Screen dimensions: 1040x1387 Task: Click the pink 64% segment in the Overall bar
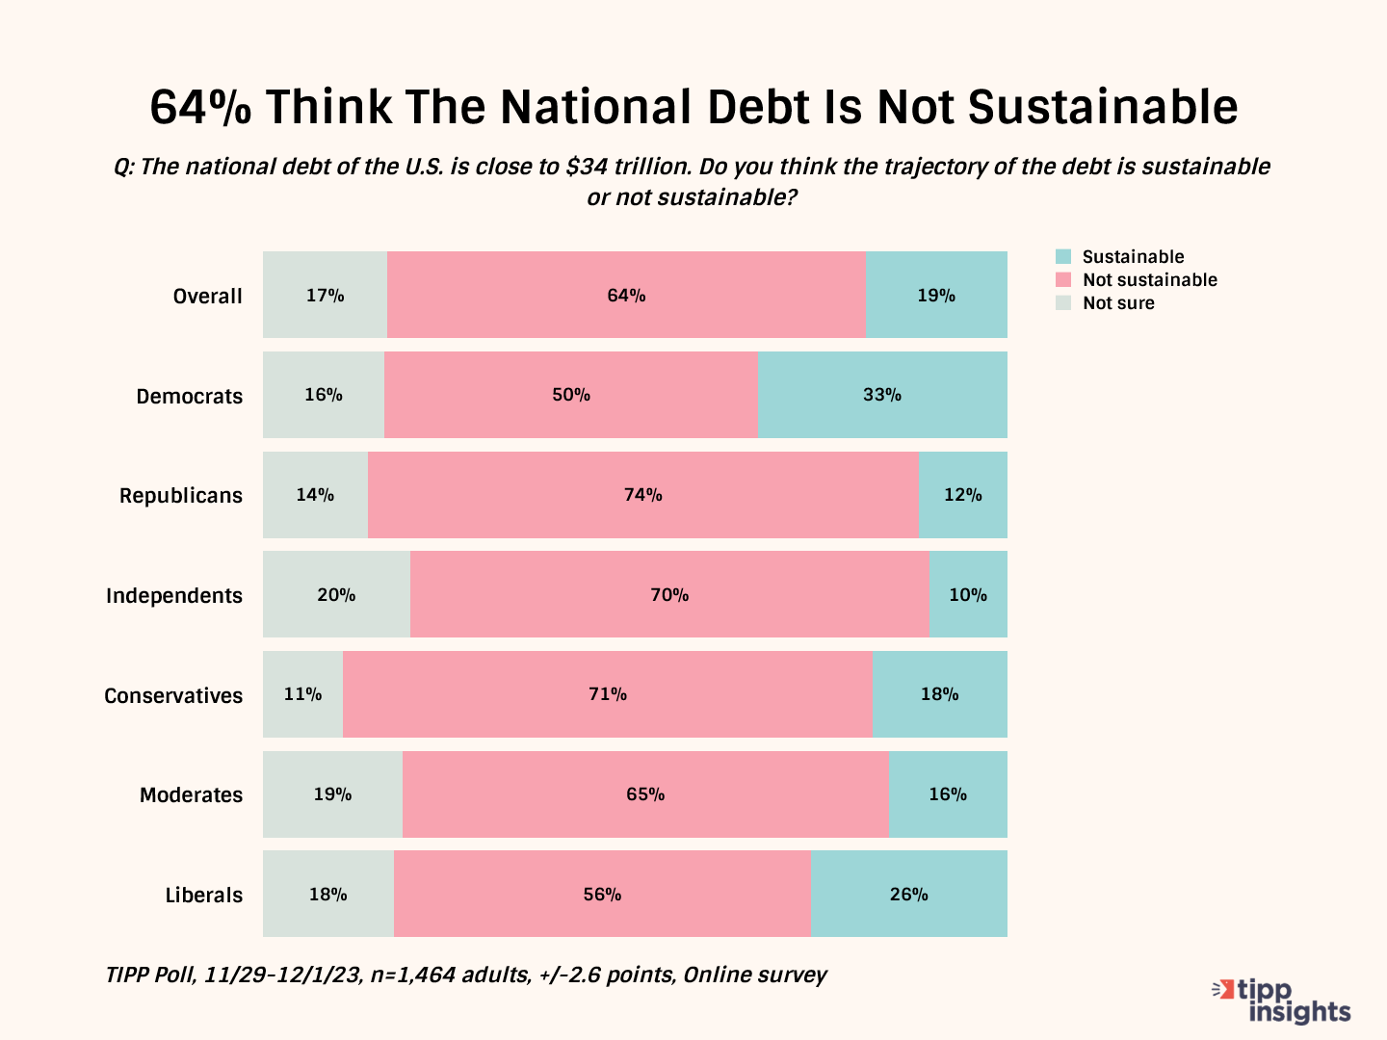click(626, 295)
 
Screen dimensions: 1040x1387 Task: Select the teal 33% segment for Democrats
click(882, 395)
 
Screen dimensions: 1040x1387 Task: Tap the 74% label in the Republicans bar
click(643, 495)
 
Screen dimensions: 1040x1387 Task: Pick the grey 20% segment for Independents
click(336, 595)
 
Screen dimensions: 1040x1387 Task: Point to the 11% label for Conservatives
click(302, 694)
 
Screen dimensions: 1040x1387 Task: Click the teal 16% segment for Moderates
click(948, 794)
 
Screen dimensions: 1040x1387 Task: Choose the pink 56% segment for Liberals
click(602, 895)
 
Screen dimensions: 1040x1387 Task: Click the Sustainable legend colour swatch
click(1063, 257)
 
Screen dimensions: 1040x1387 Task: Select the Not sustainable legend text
click(1150, 280)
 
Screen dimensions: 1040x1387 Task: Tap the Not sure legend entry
click(1117, 303)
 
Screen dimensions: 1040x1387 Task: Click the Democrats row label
click(189, 396)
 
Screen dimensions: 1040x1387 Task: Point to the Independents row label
click(174, 596)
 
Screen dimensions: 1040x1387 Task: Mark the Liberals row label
click(203, 896)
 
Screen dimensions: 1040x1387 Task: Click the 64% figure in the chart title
click(200, 107)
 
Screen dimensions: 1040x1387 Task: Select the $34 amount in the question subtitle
click(587, 167)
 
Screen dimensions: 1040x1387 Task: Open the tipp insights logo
click(1283, 1001)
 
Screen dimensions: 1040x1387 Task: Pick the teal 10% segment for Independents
click(968, 595)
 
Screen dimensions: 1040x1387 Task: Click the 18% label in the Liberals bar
click(327, 895)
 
